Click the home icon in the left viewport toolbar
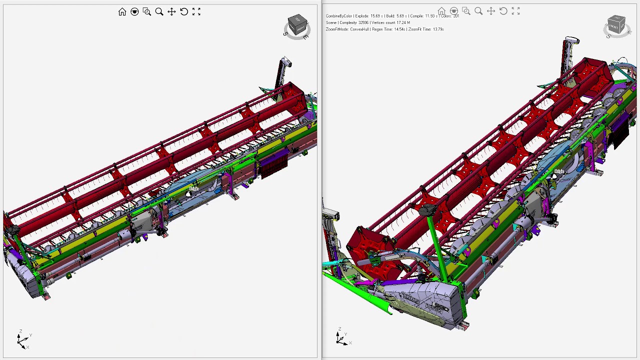click(122, 11)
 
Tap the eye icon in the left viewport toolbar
click(134, 11)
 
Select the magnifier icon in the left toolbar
click(159, 11)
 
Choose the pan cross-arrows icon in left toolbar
click(171, 11)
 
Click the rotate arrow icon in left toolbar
click(184, 11)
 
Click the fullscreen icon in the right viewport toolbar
click(515, 11)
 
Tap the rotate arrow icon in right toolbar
click(503, 11)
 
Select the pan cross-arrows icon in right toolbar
click(491, 11)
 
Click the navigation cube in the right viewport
click(616, 25)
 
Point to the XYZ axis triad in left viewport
click(23, 340)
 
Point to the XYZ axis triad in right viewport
click(341, 338)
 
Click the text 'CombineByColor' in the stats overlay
click(339, 16)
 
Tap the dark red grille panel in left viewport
click(273, 165)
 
